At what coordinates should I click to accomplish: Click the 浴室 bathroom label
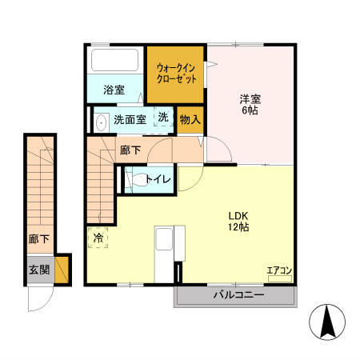tap(114, 90)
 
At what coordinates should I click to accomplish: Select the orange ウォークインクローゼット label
tap(174, 74)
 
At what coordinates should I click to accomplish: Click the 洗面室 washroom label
tap(129, 121)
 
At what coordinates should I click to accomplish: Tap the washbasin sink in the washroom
tap(101, 123)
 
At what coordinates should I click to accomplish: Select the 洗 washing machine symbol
tap(162, 118)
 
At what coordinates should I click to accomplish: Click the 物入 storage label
tap(190, 120)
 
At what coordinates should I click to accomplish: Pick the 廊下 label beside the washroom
tap(130, 150)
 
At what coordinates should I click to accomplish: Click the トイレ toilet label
tap(158, 180)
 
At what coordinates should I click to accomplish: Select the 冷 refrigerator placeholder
tap(98, 238)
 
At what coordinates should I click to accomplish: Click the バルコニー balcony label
tap(238, 295)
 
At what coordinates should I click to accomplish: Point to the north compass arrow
tap(327, 322)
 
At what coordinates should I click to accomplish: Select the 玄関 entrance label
tap(39, 270)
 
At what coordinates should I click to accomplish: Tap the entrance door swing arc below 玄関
tap(38, 300)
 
